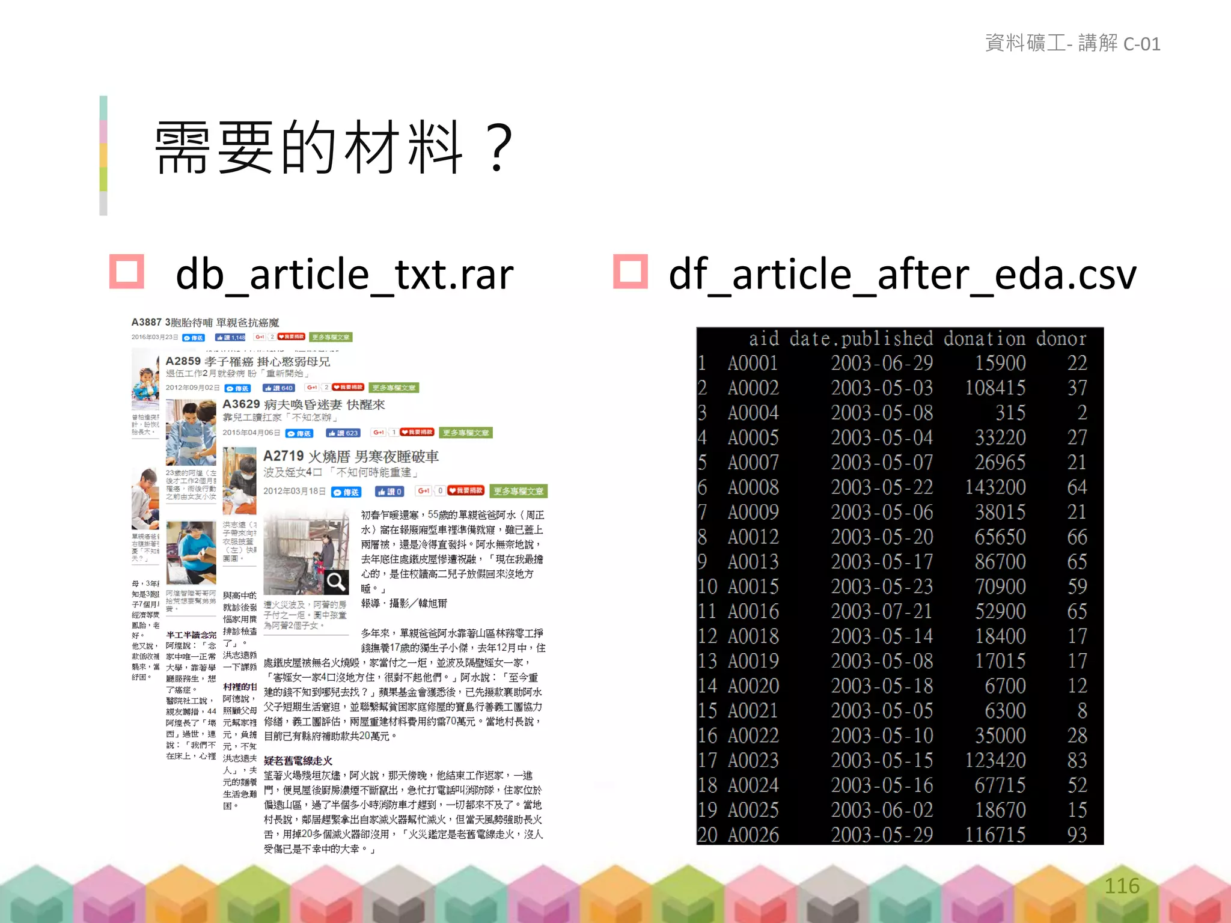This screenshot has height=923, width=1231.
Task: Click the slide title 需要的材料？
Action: click(x=334, y=148)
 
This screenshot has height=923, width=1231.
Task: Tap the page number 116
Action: click(x=1122, y=886)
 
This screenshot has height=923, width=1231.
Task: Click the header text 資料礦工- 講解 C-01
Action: click(x=1072, y=44)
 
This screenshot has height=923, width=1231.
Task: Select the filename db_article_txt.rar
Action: click(x=344, y=275)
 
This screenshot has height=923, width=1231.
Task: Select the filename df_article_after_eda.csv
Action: click(x=902, y=275)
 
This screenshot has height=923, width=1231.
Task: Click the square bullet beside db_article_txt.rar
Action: click(x=127, y=272)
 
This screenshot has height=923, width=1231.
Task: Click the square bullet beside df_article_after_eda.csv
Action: click(x=631, y=272)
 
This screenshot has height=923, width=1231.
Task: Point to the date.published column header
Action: click(x=861, y=339)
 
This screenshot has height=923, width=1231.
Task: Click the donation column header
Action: click(x=984, y=339)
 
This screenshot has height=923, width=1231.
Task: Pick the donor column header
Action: click(x=1061, y=339)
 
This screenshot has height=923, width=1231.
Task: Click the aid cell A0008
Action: click(x=753, y=487)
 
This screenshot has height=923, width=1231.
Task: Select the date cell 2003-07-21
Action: click(x=881, y=612)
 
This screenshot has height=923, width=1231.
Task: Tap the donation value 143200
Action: click(x=995, y=487)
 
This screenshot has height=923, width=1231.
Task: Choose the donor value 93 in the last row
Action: click(x=1077, y=835)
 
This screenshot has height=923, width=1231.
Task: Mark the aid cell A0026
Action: click(x=753, y=835)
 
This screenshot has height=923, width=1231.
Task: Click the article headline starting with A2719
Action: click(x=351, y=457)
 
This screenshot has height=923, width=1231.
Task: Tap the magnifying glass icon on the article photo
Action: click(x=336, y=582)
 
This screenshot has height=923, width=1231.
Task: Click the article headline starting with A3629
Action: click(x=304, y=404)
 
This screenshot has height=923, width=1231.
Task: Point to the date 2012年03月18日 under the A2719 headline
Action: click(x=295, y=492)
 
